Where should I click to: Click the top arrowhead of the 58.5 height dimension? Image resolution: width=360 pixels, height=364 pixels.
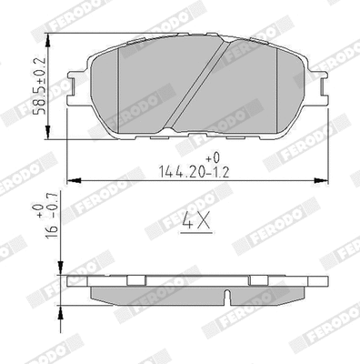click(x=57, y=42)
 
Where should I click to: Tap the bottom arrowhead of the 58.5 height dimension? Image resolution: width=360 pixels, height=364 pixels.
click(x=57, y=133)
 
